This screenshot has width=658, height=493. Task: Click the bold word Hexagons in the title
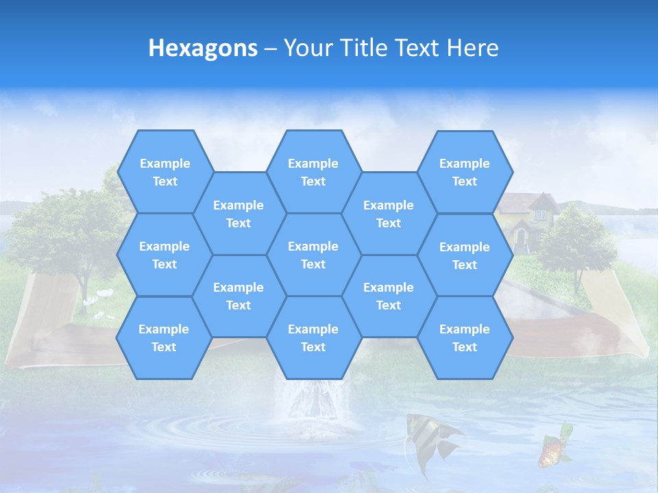pos(203,48)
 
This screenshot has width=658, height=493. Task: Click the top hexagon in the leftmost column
pos(164,172)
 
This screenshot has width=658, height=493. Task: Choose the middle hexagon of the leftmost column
pos(164,255)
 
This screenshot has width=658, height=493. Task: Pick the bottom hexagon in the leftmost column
pos(164,338)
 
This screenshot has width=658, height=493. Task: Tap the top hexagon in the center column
pos(313,172)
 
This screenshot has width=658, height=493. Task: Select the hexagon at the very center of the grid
pos(313,255)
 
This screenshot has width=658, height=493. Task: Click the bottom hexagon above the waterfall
pos(313,338)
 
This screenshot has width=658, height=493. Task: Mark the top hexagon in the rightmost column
pos(465,172)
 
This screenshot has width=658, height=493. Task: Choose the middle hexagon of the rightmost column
pos(465,255)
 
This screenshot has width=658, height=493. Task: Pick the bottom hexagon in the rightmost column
pos(465,338)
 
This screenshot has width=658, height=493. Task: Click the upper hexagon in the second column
pos(239,214)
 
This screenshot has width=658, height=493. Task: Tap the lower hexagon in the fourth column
pos(389,296)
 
